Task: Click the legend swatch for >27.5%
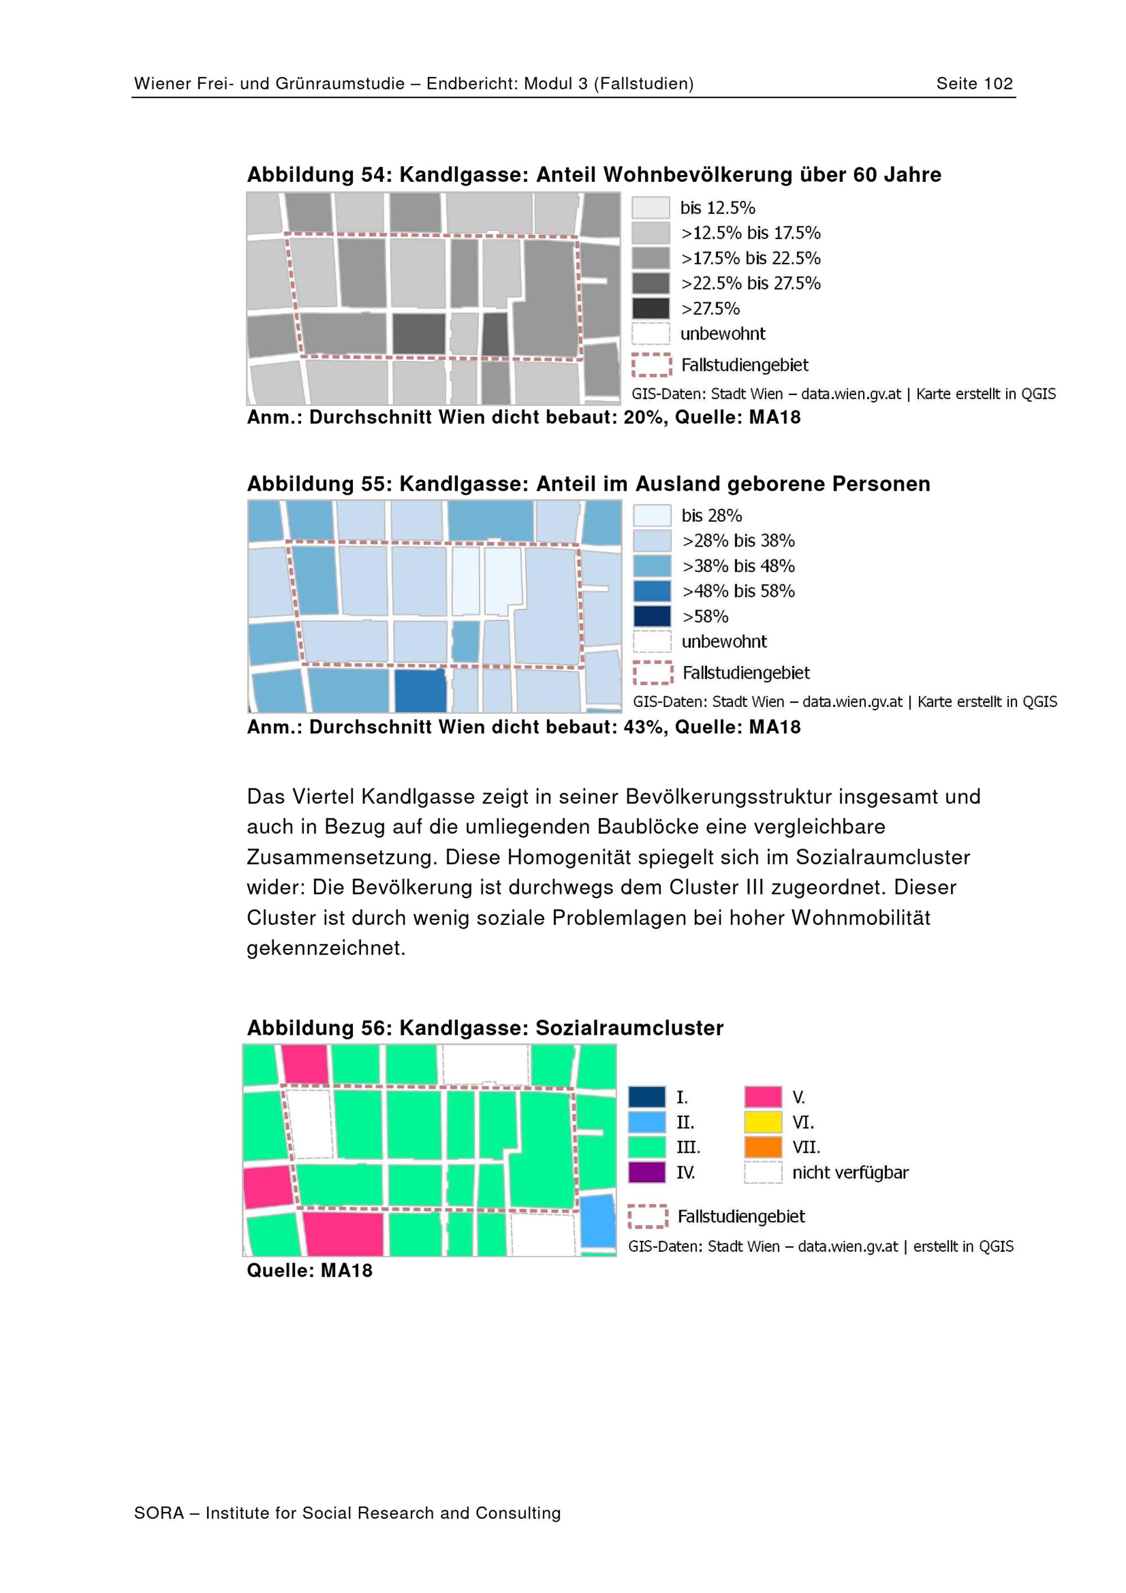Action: [x=651, y=308]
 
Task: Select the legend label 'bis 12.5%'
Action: [x=717, y=208]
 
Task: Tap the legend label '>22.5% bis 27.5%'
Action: [x=750, y=283]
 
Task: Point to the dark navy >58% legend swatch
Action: [x=652, y=616]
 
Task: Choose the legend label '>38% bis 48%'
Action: [x=738, y=566]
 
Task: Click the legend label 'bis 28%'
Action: [x=712, y=516]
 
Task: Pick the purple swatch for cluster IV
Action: [x=646, y=1173]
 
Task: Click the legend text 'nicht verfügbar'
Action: [x=850, y=1173]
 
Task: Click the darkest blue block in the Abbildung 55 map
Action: [x=421, y=691]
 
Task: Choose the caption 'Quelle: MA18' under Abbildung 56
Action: [x=310, y=1270]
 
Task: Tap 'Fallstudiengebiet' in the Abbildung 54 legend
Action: [x=744, y=365]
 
